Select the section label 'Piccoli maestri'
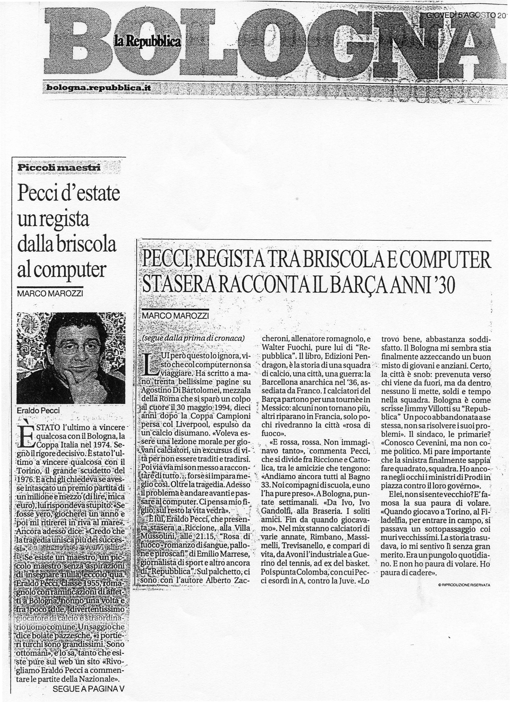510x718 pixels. [x=59, y=167]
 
